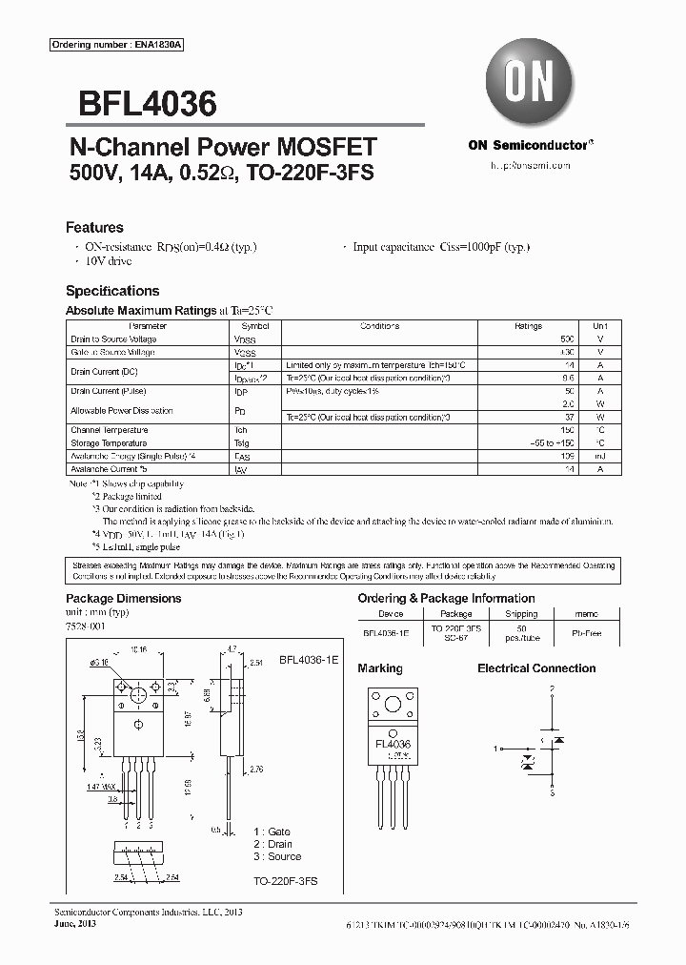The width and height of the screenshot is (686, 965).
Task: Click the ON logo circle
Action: pos(531,83)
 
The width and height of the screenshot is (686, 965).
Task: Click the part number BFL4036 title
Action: pos(141,102)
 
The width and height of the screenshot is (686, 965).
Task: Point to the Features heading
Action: pos(94,228)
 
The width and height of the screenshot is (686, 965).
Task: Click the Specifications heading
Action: pos(112,291)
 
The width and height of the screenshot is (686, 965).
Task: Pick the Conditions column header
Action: pos(379,326)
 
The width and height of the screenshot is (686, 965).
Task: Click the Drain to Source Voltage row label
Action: pos(113,339)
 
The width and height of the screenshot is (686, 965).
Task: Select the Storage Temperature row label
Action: pos(109,443)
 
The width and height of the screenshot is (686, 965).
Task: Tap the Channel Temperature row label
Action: pos(110,430)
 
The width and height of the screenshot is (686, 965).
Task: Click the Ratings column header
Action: pos(528,326)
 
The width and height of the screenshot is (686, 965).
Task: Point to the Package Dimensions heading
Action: pos(123,599)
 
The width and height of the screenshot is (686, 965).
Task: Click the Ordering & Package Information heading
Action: pos(446,599)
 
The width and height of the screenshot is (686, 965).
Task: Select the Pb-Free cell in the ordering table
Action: pos(586,631)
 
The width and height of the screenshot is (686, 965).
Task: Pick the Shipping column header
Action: pos(521,615)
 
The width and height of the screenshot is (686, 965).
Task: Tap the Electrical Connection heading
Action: pos(536,668)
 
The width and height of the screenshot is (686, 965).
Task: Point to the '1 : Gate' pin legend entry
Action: pos(272,832)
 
